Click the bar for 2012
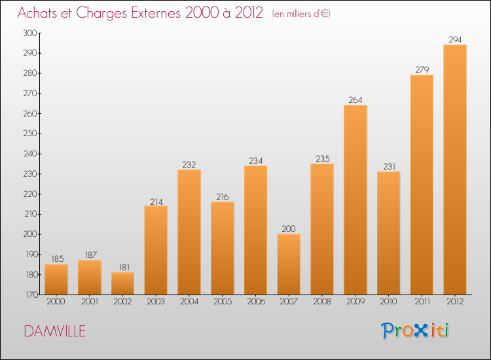pos(454,170)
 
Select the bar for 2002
pos(122,283)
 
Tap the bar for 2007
pos(289,264)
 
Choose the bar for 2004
pos(189,232)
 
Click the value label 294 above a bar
pos(454,39)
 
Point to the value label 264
pos(355,100)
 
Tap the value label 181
pos(122,267)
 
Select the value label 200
pos(289,229)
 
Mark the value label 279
pos(421,69)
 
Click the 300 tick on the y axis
pos(30,33)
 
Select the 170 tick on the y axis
pos(30,295)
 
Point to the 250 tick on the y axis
pos(30,134)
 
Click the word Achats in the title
pos(39,12)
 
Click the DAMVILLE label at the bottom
pos(54,331)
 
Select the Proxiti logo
pos(416,331)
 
